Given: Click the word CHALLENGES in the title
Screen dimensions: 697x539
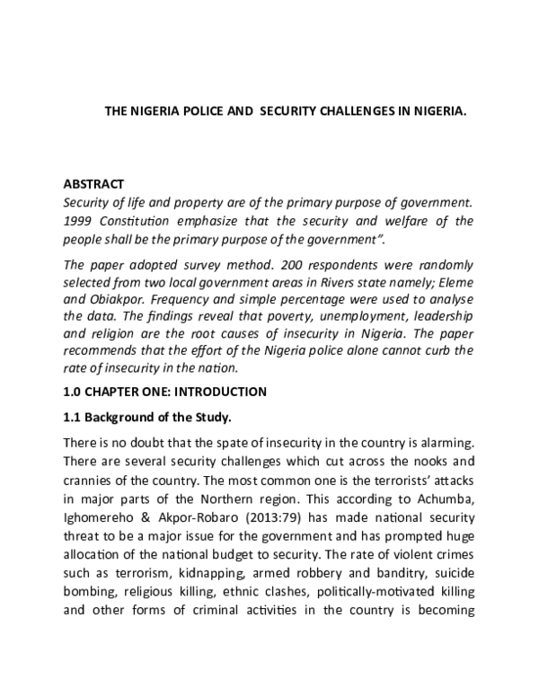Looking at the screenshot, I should coord(349,114).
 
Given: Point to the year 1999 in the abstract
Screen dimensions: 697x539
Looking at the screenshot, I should coord(79,219).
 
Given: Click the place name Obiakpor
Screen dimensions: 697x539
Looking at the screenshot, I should coord(118,298).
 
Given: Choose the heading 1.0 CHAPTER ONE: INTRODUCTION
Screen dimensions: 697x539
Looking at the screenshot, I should coord(164,392).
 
